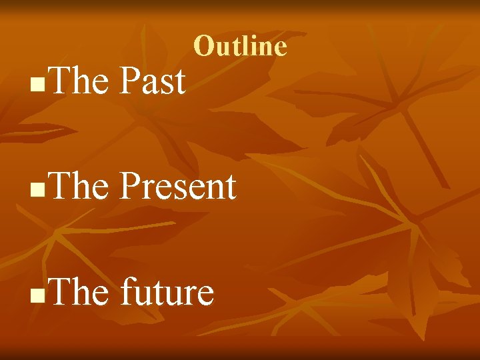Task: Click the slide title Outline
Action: pyautogui.click(x=240, y=47)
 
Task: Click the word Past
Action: pyautogui.click(x=152, y=82)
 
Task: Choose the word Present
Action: pyautogui.click(x=177, y=187)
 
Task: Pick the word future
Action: pyautogui.click(x=167, y=293)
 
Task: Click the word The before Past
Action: pyautogui.click(x=78, y=82)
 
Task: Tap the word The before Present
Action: pyautogui.click(x=78, y=187)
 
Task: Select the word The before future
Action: pyautogui.click(x=78, y=291)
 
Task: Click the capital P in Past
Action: pyautogui.click(x=129, y=82)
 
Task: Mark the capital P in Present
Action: pyautogui.click(x=129, y=187)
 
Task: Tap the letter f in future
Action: pyautogui.click(x=127, y=291)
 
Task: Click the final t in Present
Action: pyautogui.click(x=231, y=188)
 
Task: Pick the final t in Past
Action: pyautogui.click(x=180, y=83)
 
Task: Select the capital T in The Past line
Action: pyautogui.click(x=58, y=82)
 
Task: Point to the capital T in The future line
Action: pyautogui.click(x=58, y=291)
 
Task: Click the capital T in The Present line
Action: pyautogui.click(x=58, y=187)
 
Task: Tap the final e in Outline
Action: pyautogui.click(x=281, y=49)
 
